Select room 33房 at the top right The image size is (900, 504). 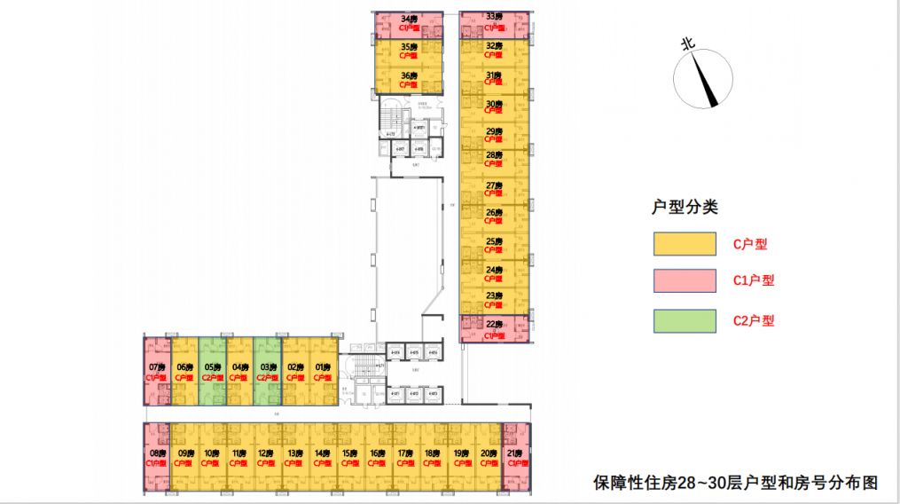pos(495,23)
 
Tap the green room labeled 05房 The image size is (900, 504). pos(212,371)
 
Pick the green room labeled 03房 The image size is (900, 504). pos(267,371)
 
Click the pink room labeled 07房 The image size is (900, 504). pos(157,371)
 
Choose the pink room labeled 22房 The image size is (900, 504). pos(495,328)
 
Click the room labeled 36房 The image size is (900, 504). pos(409,79)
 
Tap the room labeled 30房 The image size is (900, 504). pos(495,107)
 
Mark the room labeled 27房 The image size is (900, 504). pos(495,189)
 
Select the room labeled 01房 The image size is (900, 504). pos(322,371)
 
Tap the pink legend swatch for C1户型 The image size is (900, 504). pos(684,281)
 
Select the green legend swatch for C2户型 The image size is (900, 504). pos(684,320)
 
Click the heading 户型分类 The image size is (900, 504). pos(684,208)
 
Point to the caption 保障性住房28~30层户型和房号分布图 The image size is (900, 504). pos(736,484)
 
